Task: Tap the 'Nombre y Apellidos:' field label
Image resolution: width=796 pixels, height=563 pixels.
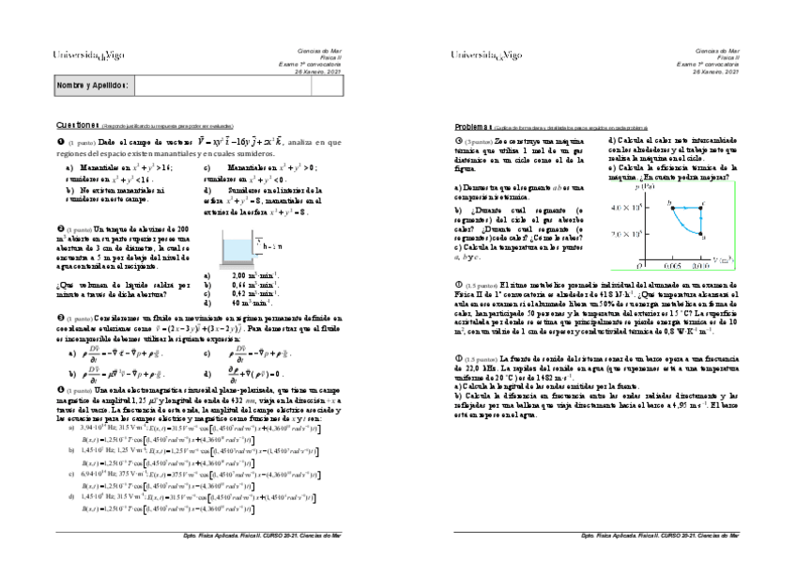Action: (92, 86)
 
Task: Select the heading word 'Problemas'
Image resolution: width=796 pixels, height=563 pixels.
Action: (474, 125)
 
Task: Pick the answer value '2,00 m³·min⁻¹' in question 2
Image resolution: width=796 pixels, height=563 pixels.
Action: (245, 275)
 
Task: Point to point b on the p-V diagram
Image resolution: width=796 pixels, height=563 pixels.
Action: (669, 204)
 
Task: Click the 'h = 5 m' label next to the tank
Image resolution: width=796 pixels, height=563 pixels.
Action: (269, 246)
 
